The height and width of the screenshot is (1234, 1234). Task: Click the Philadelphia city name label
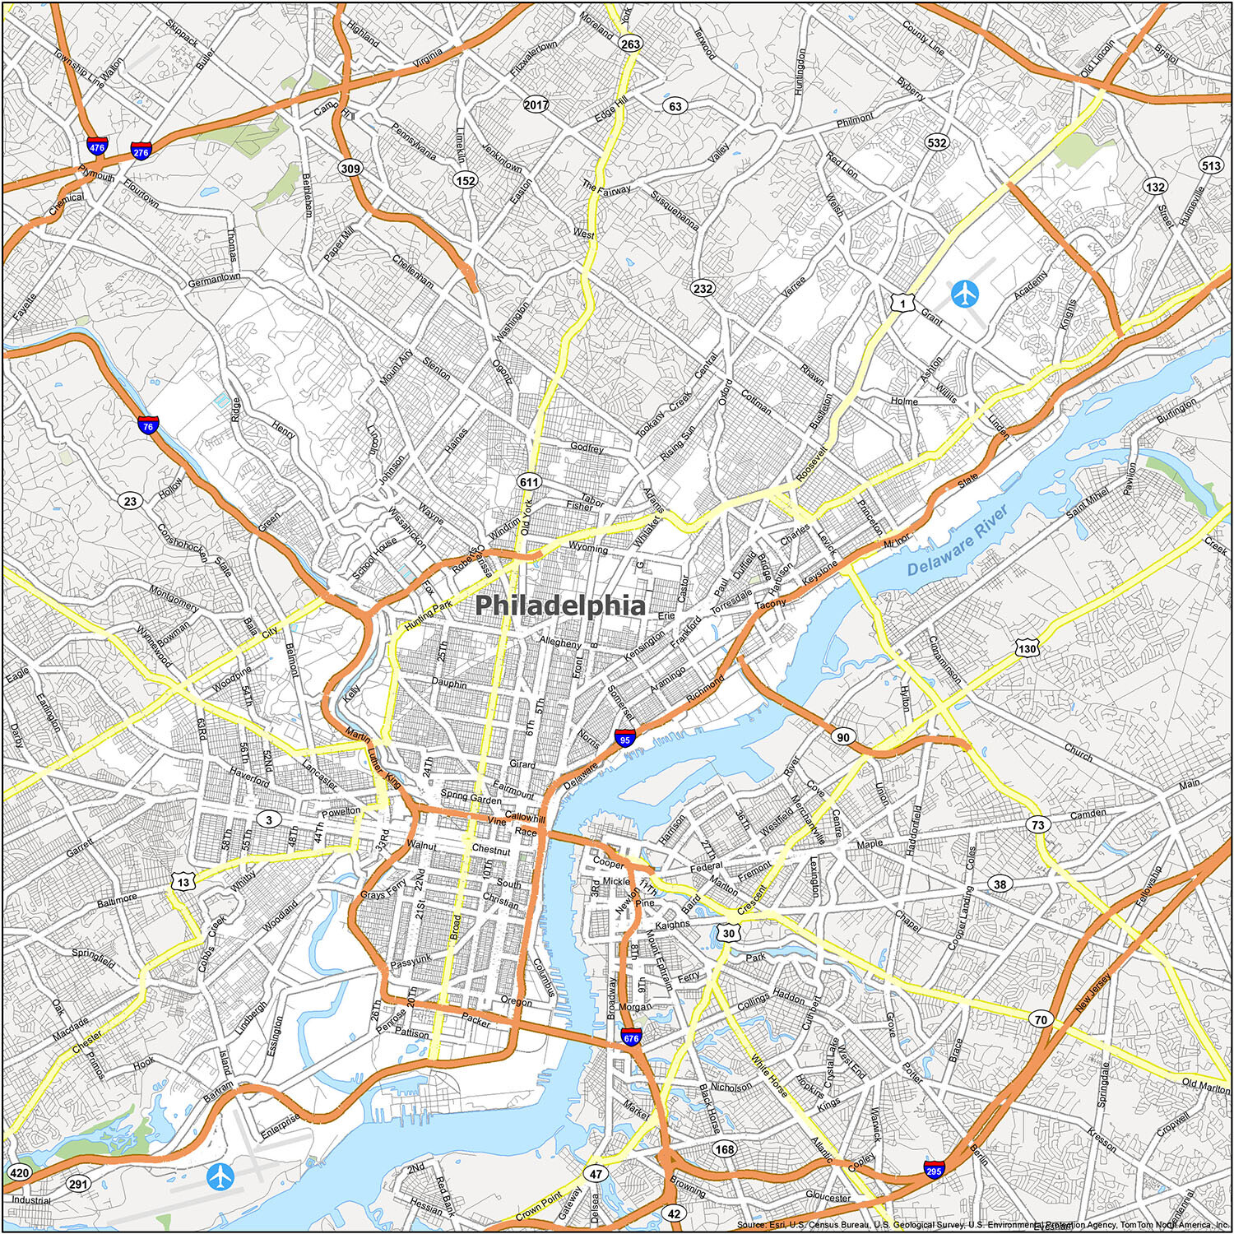(x=560, y=605)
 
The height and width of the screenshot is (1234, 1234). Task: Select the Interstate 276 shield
(x=141, y=151)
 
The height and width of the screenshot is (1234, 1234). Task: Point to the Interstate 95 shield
(x=625, y=738)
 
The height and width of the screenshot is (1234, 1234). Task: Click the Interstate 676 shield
(x=632, y=1038)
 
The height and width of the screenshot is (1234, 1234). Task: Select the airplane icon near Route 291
(x=220, y=1177)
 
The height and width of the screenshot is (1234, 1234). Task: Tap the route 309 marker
(x=350, y=169)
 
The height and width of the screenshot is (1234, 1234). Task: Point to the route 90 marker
(x=843, y=737)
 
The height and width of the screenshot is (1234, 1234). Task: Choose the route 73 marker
(x=1039, y=824)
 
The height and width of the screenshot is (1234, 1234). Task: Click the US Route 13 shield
(x=183, y=883)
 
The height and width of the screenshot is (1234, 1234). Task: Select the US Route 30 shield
(x=729, y=933)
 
